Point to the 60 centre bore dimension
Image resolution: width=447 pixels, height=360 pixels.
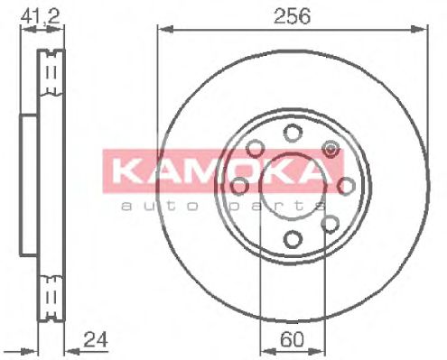(x=292, y=341)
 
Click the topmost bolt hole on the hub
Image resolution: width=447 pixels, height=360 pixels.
(x=292, y=134)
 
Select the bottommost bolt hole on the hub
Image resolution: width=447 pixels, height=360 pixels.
(x=292, y=239)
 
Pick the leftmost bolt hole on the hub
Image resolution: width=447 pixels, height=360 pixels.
(x=239, y=186)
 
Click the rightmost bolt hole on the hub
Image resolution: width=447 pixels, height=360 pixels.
(x=345, y=186)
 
